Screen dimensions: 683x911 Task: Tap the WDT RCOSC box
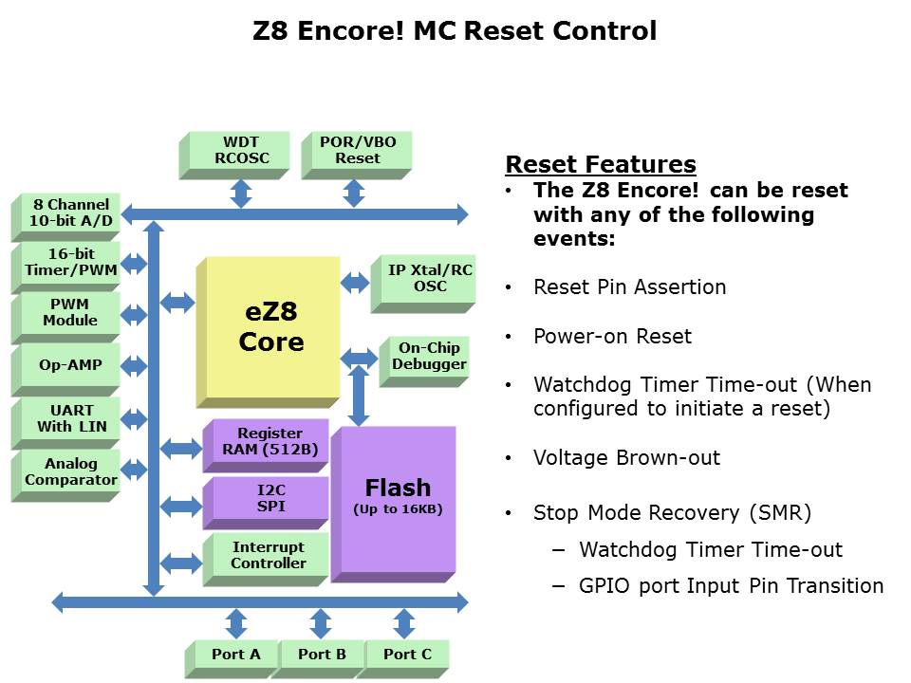[x=241, y=151]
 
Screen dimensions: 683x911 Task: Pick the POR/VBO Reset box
[x=358, y=151]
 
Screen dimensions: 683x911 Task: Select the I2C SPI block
[x=270, y=499]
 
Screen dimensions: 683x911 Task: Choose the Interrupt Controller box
[x=270, y=555]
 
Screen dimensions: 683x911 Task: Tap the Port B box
[x=321, y=654]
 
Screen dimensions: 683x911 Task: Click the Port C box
[x=407, y=654]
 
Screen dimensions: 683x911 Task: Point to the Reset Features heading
[x=601, y=164]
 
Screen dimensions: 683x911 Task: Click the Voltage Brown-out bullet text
[x=626, y=458]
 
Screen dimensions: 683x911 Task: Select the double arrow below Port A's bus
[x=236, y=623]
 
